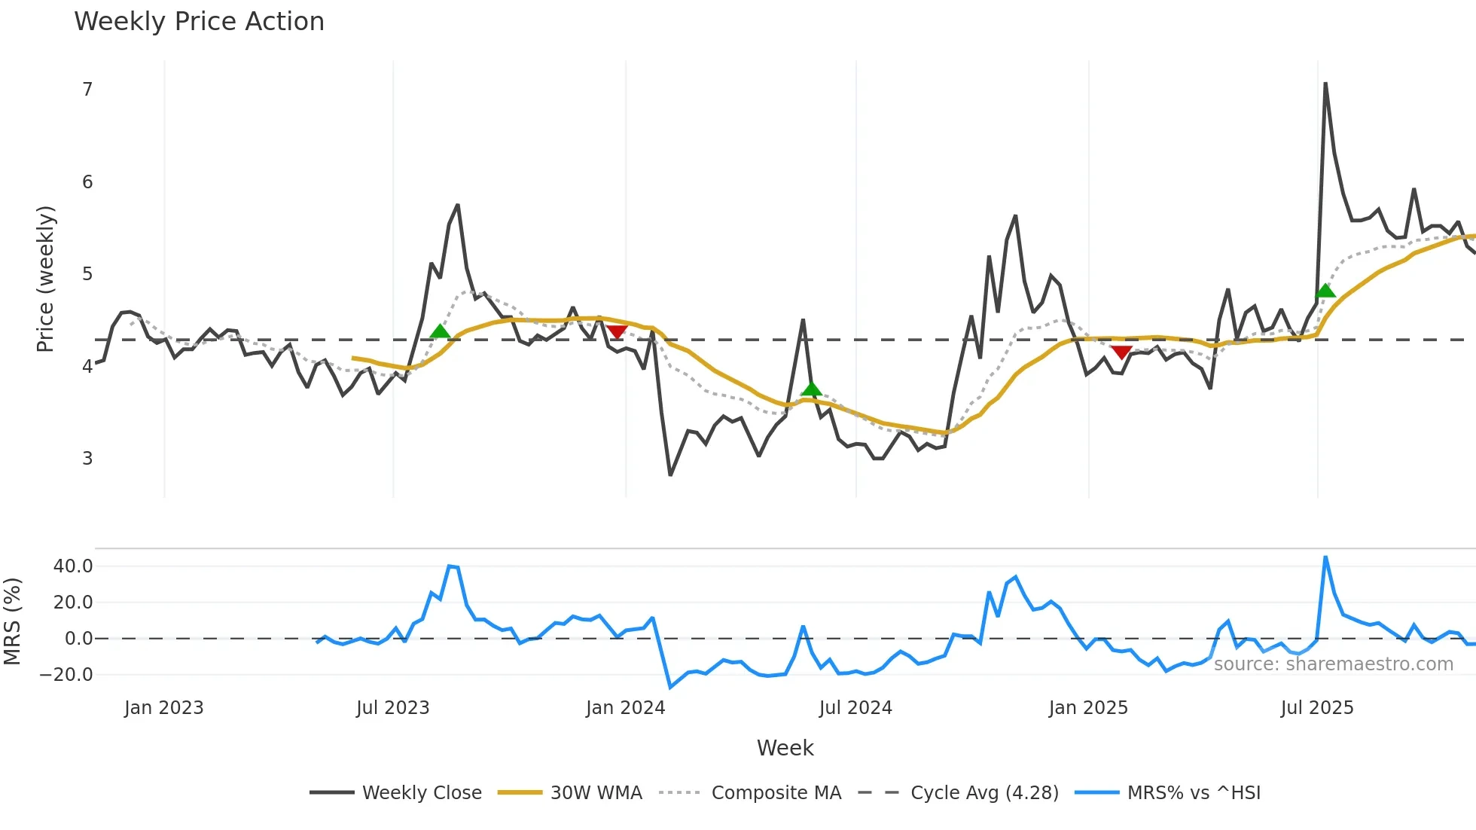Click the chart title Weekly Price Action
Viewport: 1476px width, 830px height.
(x=199, y=22)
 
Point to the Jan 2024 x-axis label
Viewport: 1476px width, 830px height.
(x=626, y=708)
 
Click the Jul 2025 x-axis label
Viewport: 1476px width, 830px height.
(x=1317, y=708)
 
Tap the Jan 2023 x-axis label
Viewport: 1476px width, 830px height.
(x=164, y=708)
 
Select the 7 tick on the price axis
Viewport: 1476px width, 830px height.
(x=87, y=90)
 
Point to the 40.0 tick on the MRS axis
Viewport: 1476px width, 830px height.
(x=73, y=566)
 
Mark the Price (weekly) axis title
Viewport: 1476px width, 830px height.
(x=45, y=279)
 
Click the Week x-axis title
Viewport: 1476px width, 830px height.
(x=785, y=748)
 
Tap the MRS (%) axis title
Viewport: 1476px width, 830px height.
(x=12, y=621)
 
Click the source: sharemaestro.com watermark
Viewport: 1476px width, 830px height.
(x=1334, y=664)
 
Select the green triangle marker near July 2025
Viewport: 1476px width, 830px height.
(x=1325, y=291)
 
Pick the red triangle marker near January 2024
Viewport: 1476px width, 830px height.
(x=617, y=332)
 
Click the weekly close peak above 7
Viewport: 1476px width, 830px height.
(x=1325, y=84)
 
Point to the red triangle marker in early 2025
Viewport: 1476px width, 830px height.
(x=1121, y=352)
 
